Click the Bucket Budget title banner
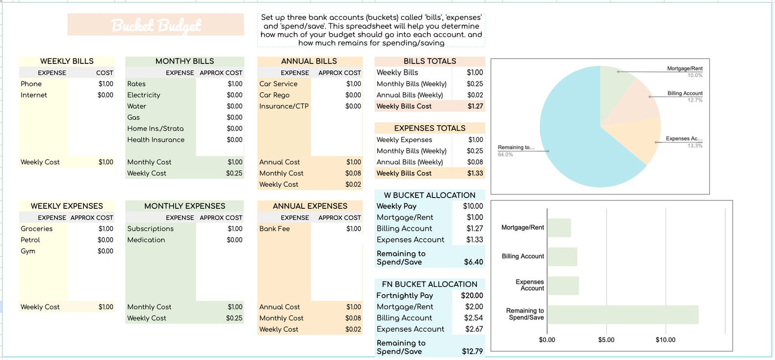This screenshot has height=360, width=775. click(x=156, y=25)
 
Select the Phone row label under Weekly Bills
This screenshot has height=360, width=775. click(x=31, y=84)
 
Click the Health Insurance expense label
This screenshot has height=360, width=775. click(x=156, y=140)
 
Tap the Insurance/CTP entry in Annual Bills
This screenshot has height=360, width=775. click(x=284, y=106)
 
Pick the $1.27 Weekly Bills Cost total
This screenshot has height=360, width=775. click(x=475, y=106)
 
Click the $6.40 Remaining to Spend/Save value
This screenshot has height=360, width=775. click(x=473, y=262)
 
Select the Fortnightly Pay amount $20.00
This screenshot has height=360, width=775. click(x=471, y=296)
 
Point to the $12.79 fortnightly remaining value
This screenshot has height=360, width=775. click(x=472, y=351)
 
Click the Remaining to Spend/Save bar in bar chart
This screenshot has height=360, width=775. click(x=622, y=315)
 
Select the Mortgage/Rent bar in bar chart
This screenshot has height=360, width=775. click(x=559, y=228)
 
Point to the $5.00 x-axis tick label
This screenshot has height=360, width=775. click(x=606, y=340)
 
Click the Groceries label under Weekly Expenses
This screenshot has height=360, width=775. click(x=37, y=229)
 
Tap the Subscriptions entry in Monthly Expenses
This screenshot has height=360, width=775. click(x=150, y=229)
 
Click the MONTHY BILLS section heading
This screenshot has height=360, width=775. click(x=184, y=61)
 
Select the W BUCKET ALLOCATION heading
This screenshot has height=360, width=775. click(x=429, y=195)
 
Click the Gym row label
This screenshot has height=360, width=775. click(x=28, y=251)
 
